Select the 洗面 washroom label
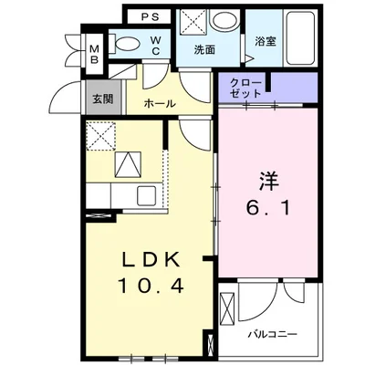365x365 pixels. point(204,50)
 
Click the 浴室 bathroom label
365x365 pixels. point(265,41)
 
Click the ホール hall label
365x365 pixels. point(161,104)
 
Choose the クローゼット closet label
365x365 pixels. point(246,89)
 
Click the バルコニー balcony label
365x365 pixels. point(274,335)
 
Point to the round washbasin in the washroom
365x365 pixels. point(222,22)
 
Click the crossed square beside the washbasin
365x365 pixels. point(193,22)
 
